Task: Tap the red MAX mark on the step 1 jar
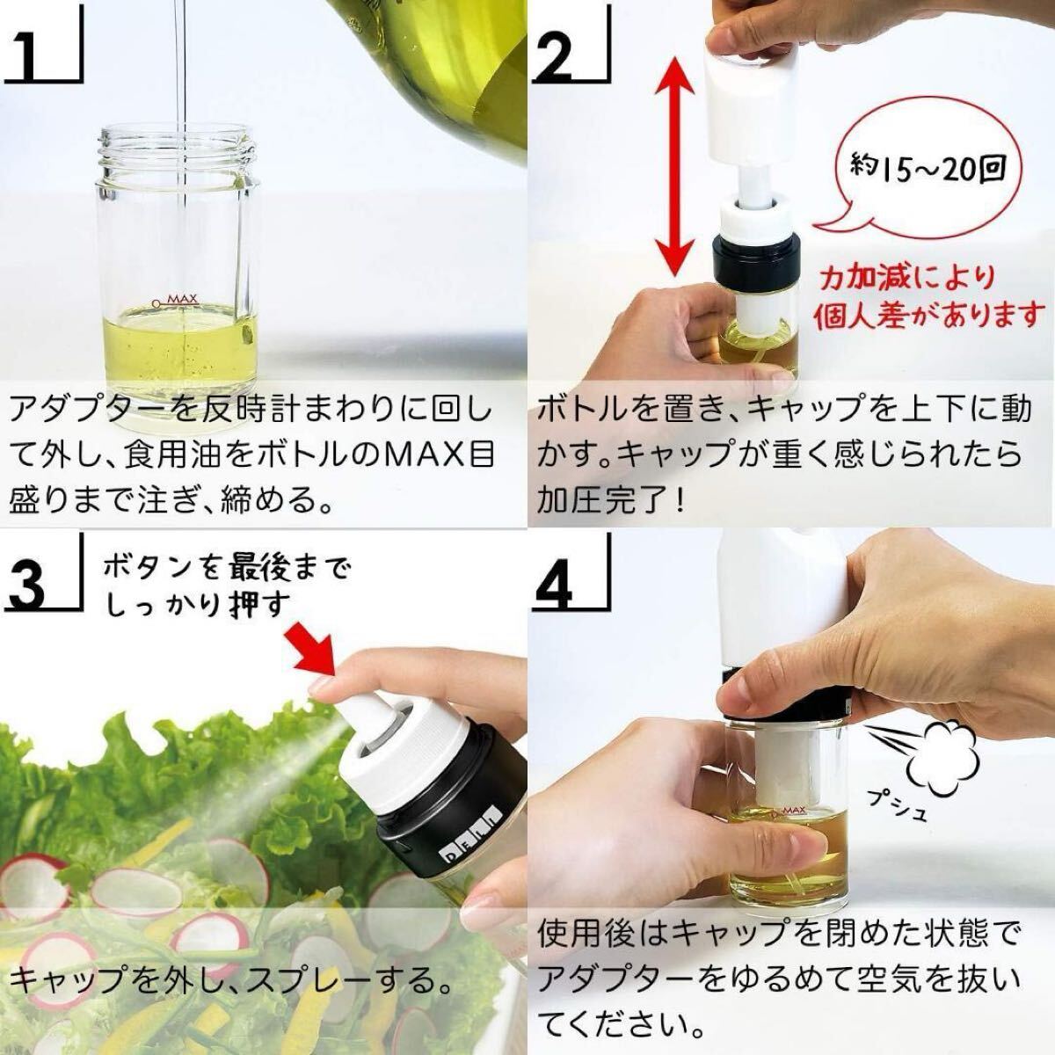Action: pyautogui.click(x=175, y=300)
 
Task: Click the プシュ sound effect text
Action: pyautogui.click(x=899, y=805)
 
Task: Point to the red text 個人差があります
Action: pyautogui.click(x=925, y=316)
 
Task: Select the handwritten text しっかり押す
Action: pyautogui.click(x=198, y=604)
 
